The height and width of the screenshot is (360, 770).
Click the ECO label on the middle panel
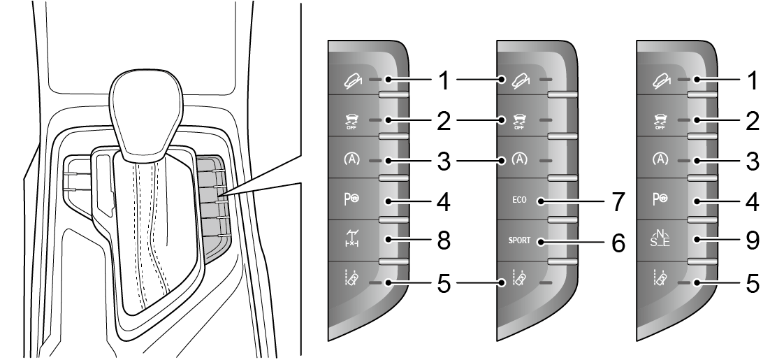click(519, 201)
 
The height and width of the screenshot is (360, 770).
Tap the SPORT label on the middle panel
click(519, 241)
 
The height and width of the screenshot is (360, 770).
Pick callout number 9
click(750, 242)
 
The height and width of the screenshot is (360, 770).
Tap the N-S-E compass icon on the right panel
click(660, 241)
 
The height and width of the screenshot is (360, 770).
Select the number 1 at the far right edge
click(750, 80)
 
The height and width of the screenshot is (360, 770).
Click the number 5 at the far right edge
click(750, 283)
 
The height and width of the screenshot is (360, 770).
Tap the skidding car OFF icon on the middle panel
click(518, 121)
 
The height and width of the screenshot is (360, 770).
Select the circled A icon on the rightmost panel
click(659, 161)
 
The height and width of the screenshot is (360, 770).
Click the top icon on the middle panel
click(518, 80)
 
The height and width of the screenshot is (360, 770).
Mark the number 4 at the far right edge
click(750, 202)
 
